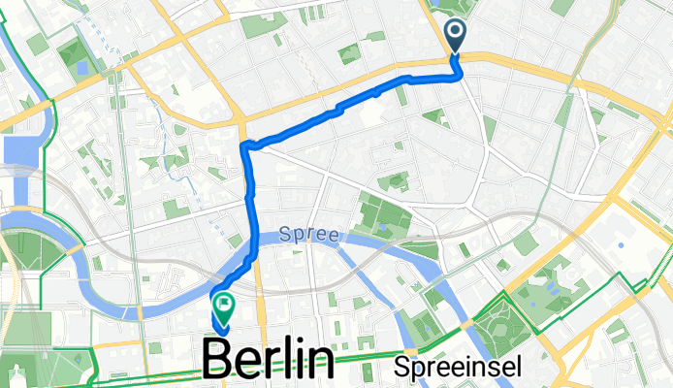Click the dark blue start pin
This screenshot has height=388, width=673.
point(456,35)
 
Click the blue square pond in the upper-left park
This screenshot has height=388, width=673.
point(81,69)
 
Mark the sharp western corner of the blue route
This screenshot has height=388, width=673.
point(243,146)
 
